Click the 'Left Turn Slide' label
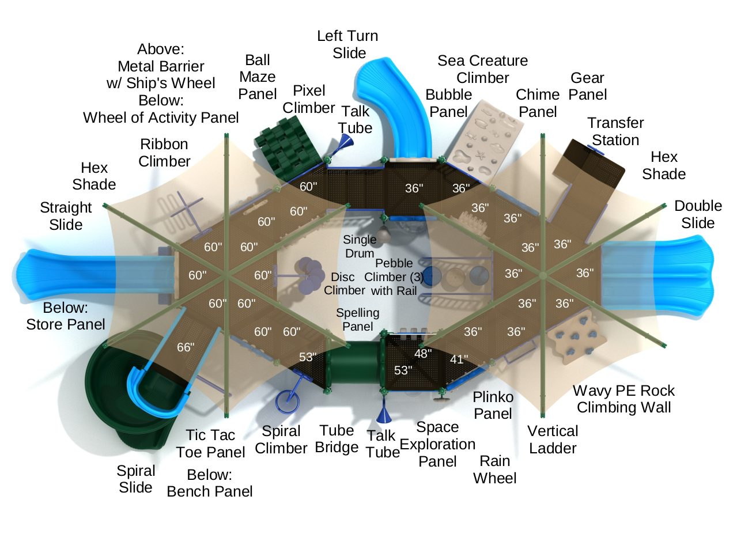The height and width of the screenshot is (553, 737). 347,44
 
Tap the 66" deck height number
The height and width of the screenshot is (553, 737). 185,347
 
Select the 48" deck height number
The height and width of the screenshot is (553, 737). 422,354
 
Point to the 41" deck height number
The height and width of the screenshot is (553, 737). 459,359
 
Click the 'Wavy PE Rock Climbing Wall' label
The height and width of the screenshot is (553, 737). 623,399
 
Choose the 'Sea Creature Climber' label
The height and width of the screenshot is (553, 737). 482,69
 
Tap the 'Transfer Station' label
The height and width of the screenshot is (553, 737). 615,131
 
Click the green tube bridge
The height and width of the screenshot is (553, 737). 353,366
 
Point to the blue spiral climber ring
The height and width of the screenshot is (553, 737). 286,402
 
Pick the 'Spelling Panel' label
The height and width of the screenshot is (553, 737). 357,320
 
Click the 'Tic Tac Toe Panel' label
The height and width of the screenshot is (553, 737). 210,444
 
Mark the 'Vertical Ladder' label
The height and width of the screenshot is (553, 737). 553,440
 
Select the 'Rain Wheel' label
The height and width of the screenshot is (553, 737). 494,469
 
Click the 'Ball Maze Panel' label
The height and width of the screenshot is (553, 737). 257,77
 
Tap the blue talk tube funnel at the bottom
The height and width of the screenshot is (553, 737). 384,415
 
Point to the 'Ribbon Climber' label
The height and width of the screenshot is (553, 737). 164,153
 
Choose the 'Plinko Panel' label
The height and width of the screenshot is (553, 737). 493,405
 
